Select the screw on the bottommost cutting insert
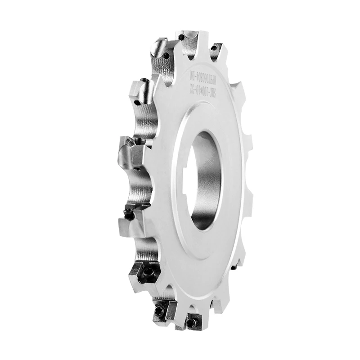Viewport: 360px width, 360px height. coord(192,322)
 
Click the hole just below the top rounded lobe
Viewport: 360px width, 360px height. coord(166,56)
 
